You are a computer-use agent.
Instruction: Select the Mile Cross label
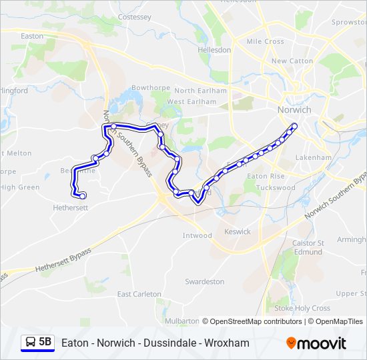(265, 41)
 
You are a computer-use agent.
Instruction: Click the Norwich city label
(294, 109)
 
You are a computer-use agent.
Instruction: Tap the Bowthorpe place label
(147, 87)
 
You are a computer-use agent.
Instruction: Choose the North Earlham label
(201, 91)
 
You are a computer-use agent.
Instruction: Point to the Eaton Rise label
(266, 176)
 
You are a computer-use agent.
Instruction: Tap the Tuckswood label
(275, 187)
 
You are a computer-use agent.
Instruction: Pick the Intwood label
(197, 235)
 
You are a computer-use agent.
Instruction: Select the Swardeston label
(204, 281)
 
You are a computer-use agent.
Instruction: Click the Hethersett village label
(70, 207)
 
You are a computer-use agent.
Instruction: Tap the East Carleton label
(139, 294)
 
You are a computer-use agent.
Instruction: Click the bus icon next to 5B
(29, 343)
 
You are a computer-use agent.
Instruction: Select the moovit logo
(316, 343)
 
